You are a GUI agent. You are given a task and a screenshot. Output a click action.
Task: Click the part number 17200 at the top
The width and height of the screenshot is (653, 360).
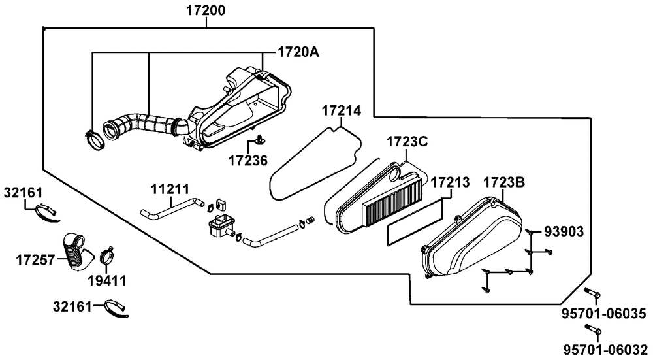point(205,10)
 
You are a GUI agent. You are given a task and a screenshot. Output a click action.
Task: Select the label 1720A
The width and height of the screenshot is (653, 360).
point(298,52)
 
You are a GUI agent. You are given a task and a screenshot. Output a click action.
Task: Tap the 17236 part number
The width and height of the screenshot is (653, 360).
point(247,161)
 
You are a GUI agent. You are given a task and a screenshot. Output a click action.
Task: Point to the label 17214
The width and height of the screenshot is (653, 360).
point(342,111)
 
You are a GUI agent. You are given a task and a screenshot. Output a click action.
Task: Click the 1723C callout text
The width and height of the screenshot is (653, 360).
point(407,142)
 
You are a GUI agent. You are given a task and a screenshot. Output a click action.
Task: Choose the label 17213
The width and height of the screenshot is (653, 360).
point(450,182)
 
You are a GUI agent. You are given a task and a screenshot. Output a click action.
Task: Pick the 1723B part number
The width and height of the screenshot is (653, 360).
point(504,182)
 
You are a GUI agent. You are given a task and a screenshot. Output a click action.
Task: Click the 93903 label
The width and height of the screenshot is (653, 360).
point(564,232)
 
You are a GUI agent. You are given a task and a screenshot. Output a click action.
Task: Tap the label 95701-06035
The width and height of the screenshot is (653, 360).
point(604,314)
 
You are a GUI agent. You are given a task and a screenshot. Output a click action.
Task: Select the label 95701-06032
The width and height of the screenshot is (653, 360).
point(604,349)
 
